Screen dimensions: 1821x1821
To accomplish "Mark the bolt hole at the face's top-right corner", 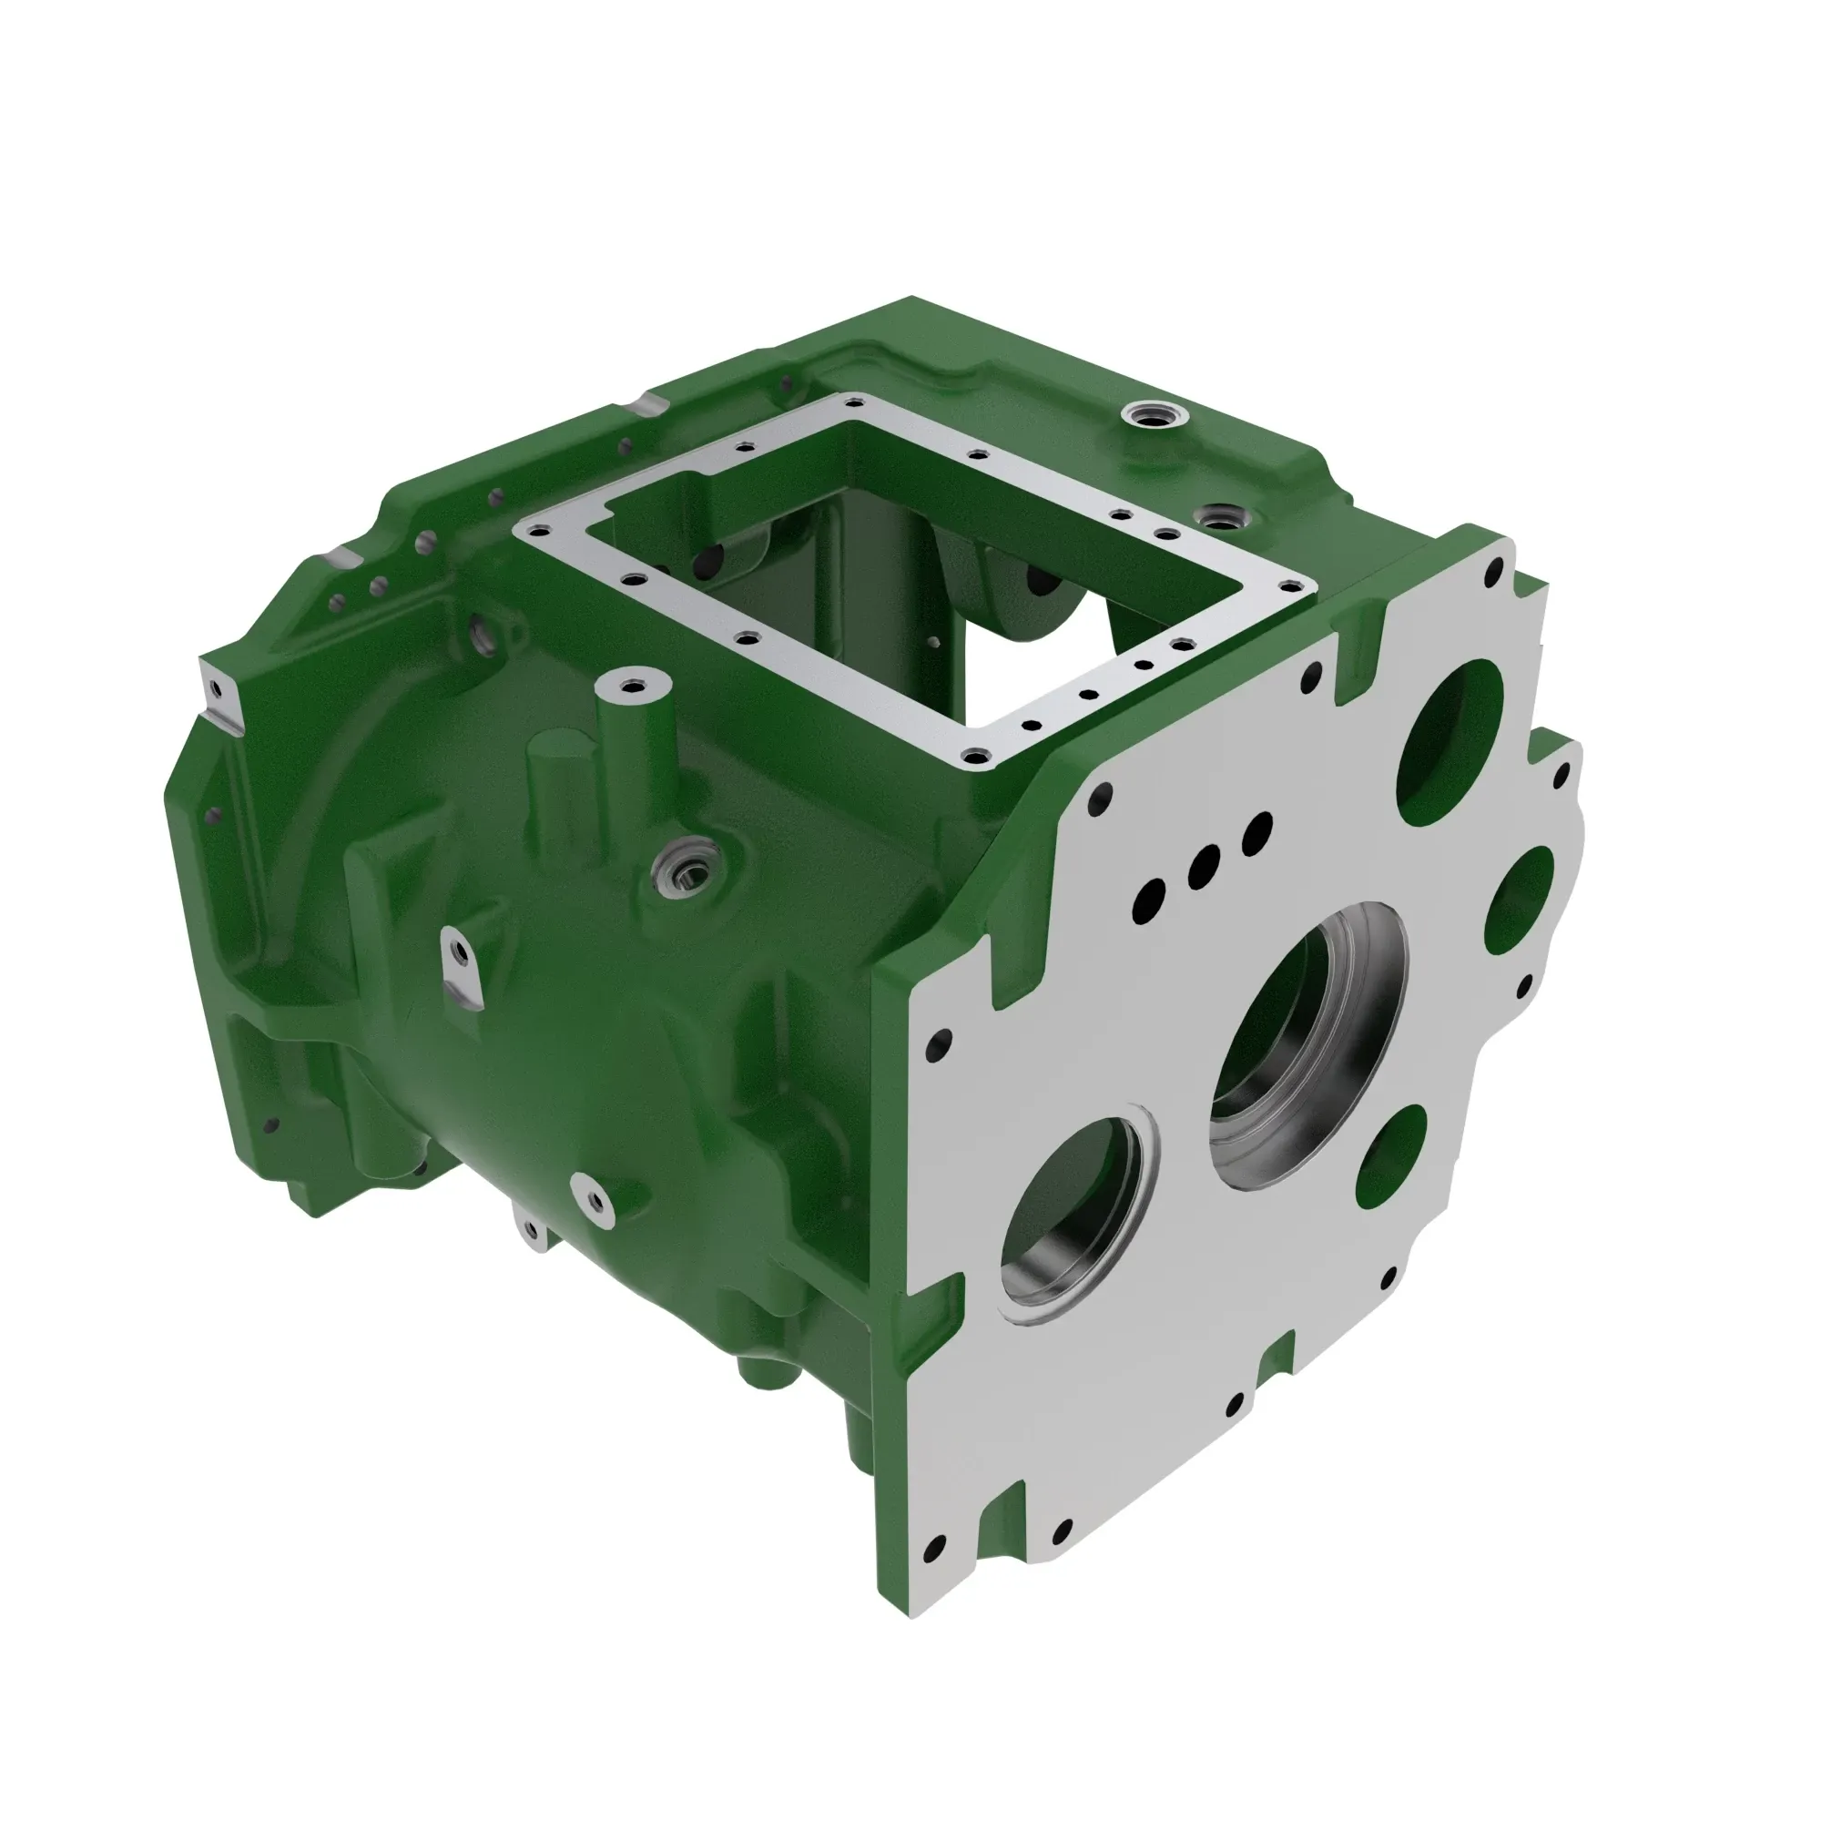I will (x=1493, y=570).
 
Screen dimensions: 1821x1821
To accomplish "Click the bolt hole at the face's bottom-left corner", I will (x=935, y=1547).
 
